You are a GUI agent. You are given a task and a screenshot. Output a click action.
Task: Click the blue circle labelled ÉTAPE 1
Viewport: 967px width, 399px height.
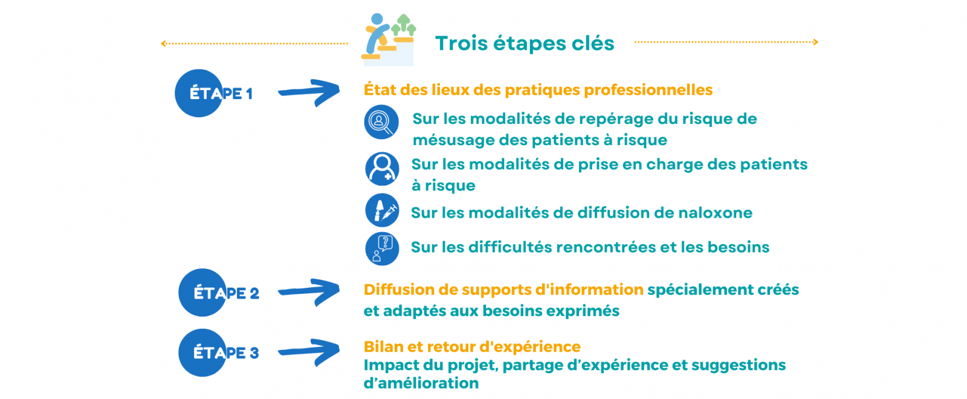[199, 93]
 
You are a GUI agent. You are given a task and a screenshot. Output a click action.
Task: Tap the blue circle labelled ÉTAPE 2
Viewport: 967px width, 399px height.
[202, 293]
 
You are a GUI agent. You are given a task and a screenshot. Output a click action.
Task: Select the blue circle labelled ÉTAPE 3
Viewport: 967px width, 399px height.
[202, 352]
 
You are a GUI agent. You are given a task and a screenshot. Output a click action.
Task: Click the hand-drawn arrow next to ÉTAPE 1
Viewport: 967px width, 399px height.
[309, 91]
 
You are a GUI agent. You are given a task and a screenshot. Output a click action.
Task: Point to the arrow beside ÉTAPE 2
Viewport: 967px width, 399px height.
[309, 291]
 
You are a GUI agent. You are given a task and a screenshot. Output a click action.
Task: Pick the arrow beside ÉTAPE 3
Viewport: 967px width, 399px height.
[309, 351]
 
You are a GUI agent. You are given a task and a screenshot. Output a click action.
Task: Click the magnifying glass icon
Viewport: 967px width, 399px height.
[381, 122]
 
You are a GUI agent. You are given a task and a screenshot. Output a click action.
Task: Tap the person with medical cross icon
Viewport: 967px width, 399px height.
[382, 169]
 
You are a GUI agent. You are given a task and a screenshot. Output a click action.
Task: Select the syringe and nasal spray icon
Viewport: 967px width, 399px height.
[382, 210]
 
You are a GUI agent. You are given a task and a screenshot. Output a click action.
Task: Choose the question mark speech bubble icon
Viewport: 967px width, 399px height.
[382, 248]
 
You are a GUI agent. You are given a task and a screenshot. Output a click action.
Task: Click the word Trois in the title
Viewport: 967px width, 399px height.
[461, 43]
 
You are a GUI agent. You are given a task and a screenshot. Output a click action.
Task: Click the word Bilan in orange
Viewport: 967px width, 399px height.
[382, 347]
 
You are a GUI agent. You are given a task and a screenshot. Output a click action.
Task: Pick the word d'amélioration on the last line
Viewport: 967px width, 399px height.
[421, 383]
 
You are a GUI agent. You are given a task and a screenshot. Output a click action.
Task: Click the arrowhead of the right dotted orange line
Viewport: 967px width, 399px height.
[815, 42]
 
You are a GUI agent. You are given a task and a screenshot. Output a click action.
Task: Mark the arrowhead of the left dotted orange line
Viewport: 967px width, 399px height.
[163, 43]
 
